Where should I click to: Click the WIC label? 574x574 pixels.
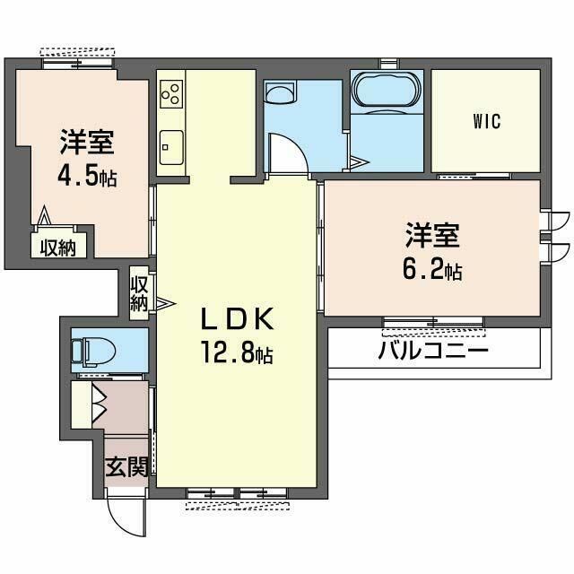pyautogui.click(x=486, y=121)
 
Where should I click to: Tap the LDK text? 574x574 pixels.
pyautogui.click(x=237, y=319)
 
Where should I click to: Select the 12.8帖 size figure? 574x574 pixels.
pyautogui.click(x=237, y=352)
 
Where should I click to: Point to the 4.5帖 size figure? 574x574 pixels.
pyautogui.click(x=87, y=177)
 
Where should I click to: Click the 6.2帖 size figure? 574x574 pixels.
pyautogui.click(x=432, y=269)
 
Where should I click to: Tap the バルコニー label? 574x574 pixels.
pyautogui.click(x=433, y=351)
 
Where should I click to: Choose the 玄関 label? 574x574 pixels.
pyautogui.click(x=126, y=466)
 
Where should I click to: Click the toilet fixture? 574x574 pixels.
pyautogui.click(x=93, y=351)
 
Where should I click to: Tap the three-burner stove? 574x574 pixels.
pyautogui.click(x=171, y=93)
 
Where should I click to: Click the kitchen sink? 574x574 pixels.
pyautogui.click(x=171, y=147)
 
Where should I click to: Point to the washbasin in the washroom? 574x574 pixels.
pyautogui.click(x=280, y=91)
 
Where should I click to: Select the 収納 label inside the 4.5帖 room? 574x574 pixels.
pyautogui.click(x=58, y=248)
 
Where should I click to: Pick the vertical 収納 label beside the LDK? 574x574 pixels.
pyautogui.click(x=139, y=294)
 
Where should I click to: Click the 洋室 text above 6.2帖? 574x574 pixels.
pyautogui.click(x=432, y=235)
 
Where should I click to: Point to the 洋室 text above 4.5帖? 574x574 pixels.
pyautogui.click(x=87, y=142)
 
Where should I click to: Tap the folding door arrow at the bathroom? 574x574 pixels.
pyautogui.click(x=359, y=162)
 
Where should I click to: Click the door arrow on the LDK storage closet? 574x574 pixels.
pyautogui.click(x=166, y=303)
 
